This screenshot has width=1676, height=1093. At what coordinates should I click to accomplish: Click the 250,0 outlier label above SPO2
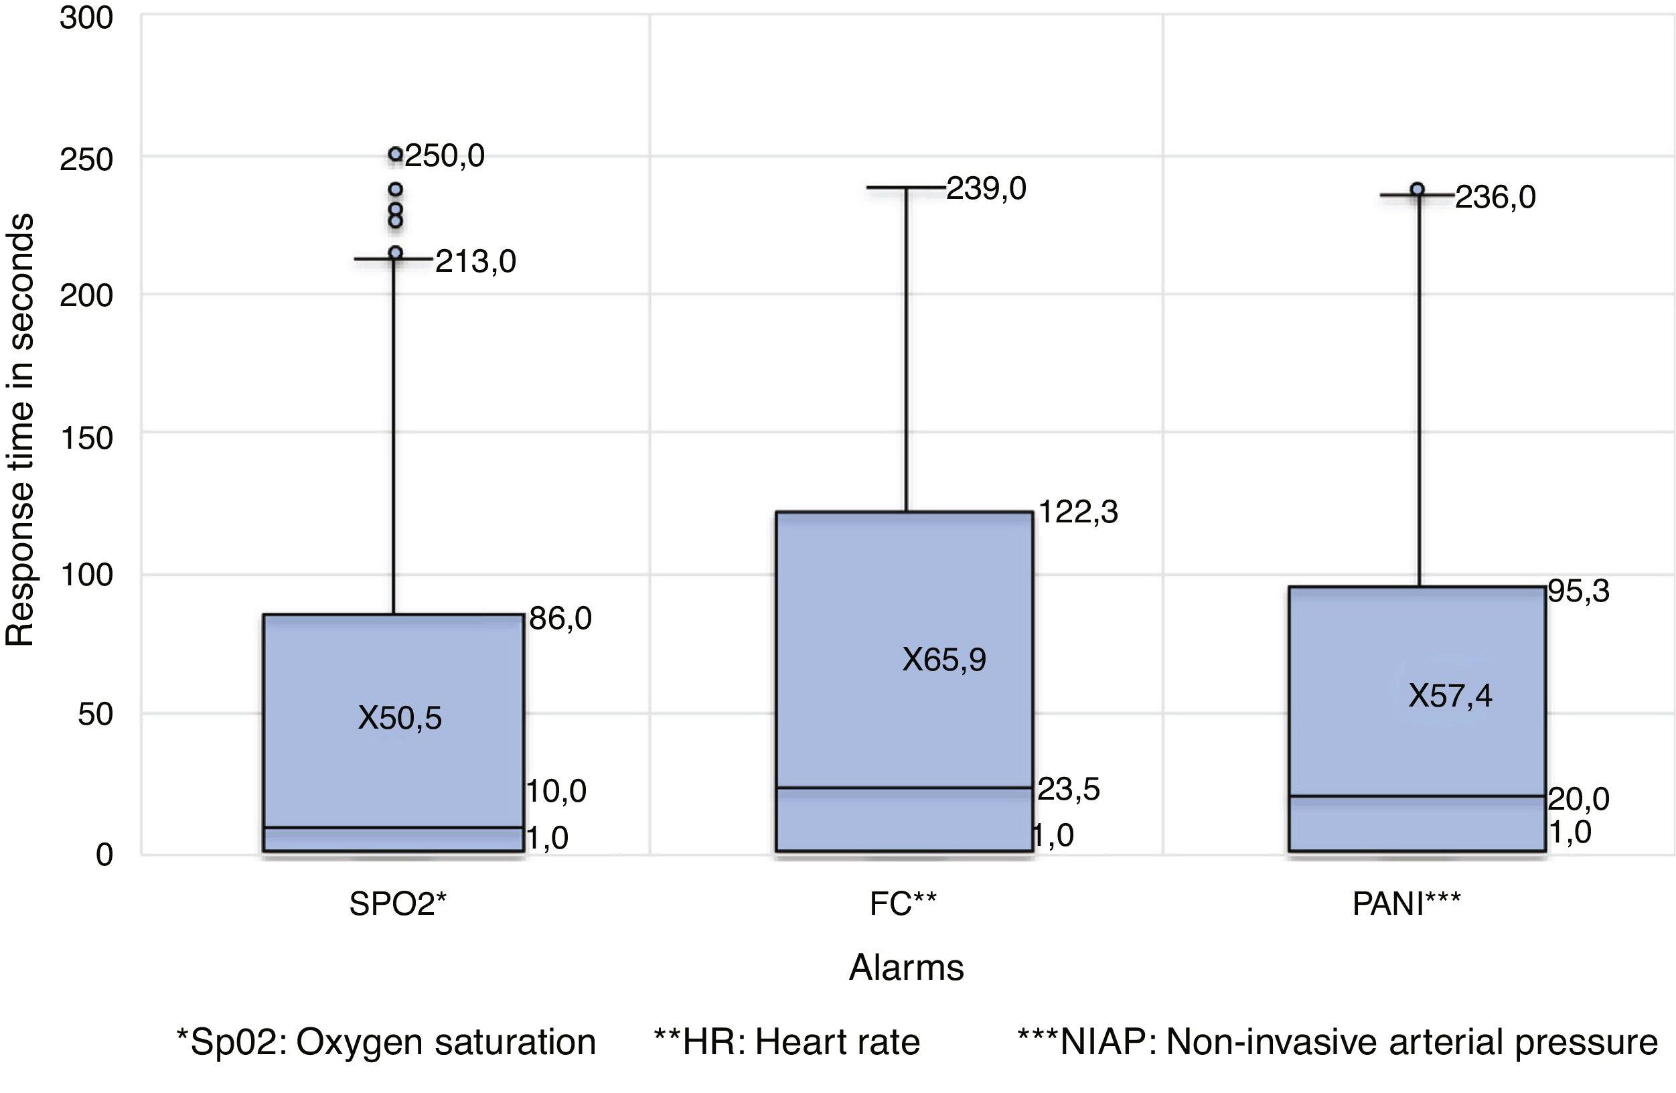[445, 155]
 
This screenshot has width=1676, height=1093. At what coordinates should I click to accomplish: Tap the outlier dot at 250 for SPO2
[396, 154]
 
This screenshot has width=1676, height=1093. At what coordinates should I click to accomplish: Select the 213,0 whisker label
[475, 262]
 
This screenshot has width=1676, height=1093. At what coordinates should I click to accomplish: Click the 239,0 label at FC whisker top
[986, 189]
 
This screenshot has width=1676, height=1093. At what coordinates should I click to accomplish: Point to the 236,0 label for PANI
[1495, 197]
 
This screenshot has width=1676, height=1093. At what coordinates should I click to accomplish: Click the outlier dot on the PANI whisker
[1418, 190]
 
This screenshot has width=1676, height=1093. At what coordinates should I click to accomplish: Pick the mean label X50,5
[400, 719]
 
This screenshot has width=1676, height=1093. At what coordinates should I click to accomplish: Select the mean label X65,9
[944, 660]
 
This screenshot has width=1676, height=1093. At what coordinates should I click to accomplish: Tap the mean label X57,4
[1450, 696]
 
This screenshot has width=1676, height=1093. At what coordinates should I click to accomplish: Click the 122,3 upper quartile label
[1078, 512]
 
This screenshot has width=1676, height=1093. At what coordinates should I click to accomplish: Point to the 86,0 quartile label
[560, 618]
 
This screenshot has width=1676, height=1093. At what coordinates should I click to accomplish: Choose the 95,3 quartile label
[1579, 591]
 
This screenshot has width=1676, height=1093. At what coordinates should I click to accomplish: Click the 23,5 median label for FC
[1068, 790]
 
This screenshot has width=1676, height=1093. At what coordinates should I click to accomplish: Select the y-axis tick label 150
[86, 438]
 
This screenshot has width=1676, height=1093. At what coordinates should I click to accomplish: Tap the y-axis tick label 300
[86, 17]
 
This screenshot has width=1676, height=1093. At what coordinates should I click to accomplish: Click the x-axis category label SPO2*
[398, 903]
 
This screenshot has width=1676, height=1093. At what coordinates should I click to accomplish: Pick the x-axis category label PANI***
[1406, 903]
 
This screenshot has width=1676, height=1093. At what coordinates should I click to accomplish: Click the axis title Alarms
[907, 968]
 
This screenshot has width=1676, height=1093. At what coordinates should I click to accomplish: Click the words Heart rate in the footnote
[837, 1042]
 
